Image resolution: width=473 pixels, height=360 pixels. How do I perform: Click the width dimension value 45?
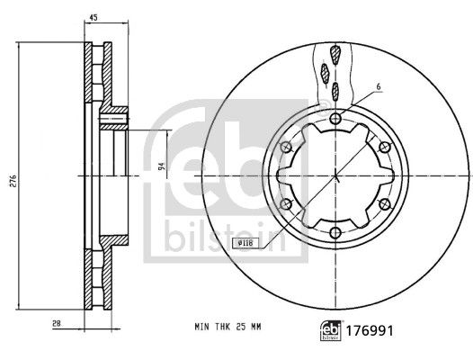[x=94, y=16]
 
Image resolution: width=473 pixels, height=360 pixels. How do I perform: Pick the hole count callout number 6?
[x=379, y=86]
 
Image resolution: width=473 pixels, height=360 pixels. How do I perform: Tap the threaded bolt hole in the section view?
[x=115, y=115]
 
